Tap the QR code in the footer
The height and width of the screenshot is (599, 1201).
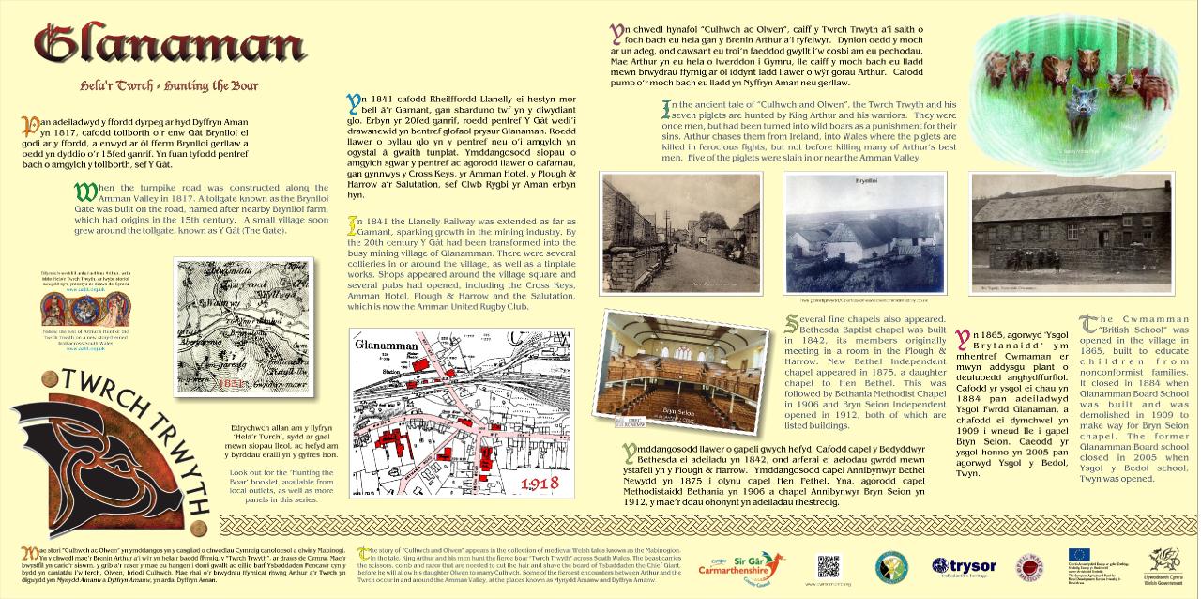pyautogui.click(x=828, y=566)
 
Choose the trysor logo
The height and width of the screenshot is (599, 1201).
pyautogui.click(x=964, y=566)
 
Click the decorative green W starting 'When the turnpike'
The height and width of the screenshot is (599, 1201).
pyautogui.click(x=85, y=193)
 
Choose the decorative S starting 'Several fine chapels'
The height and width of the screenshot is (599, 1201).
pyautogui.click(x=793, y=324)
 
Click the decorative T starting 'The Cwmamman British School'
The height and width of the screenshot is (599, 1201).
pyautogui.click(x=1088, y=323)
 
